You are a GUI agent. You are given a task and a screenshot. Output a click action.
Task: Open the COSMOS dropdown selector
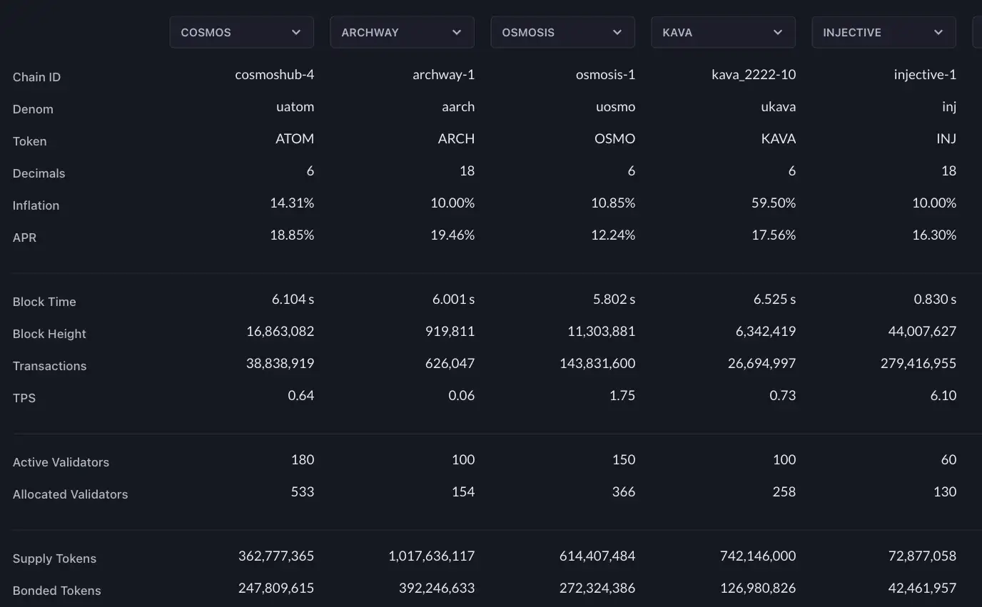[x=241, y=33]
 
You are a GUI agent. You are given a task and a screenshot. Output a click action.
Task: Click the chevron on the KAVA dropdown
[x=779, y=33]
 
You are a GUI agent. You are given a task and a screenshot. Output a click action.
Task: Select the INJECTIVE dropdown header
[x=884, y=33]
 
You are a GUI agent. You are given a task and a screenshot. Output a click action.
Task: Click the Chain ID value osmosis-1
[x=605, y=75]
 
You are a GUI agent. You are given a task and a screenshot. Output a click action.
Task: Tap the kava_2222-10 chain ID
[x=754, y=75]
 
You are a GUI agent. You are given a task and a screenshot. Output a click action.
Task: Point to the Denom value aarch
[x=458, y=107]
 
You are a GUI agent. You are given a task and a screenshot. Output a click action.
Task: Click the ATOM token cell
[x=295, y=139]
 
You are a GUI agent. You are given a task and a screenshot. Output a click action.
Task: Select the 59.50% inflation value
[x=774, y=203]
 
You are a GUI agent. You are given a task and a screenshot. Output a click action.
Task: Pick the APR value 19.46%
[x=452, y=235]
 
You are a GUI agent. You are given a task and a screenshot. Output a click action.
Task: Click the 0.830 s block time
[x=935, y=300]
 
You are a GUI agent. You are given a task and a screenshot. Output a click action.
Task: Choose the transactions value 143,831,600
[x=597, y=364]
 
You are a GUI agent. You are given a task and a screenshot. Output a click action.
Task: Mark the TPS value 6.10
[x=943, y=396]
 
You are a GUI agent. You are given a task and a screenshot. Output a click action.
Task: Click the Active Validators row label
[x=61, y=462]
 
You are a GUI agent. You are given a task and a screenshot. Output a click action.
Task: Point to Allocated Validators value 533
[x=303, y=492]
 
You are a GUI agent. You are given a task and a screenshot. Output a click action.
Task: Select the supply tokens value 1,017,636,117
[x=432, y=556]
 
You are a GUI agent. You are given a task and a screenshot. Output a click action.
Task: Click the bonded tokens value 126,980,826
[x=752, y=588]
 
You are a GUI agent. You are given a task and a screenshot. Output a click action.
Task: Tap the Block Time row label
[x=44, y=302]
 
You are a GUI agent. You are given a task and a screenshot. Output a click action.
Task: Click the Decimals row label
[x=39, y=173]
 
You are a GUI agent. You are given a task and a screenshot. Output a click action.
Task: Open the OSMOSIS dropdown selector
[x=562, y=33]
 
